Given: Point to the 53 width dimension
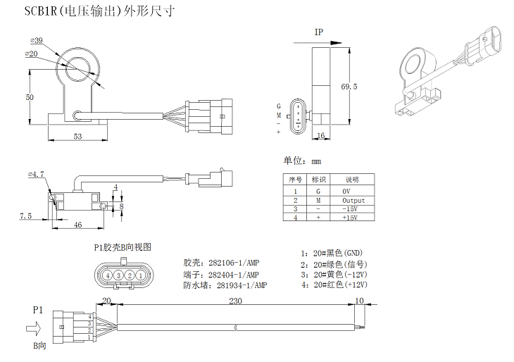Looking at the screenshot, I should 77,135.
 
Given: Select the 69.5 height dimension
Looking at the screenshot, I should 349,87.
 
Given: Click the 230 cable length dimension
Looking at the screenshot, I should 235,300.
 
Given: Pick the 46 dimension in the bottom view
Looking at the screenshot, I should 78,224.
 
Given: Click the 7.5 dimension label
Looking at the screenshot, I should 25,216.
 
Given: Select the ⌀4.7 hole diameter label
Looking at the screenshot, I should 36,173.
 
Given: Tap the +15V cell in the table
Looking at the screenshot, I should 350,218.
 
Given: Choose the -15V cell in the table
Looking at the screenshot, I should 350,209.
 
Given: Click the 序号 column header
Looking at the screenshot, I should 296,180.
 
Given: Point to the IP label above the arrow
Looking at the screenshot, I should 319,32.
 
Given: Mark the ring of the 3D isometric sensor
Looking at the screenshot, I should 415,63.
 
